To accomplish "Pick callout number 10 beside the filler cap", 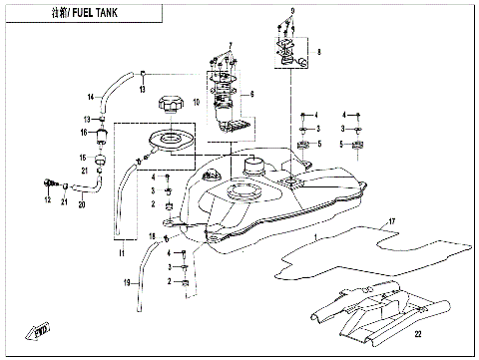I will point(197,102).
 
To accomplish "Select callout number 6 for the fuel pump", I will point(252,93).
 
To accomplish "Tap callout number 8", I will point(319,49).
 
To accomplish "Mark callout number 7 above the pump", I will point(229,46).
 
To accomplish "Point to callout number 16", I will point(86,131).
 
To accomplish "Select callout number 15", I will point(84,158).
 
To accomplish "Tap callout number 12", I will point(47,199).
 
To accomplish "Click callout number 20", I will point(82,205).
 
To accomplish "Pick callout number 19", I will point(128,283).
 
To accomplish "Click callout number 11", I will point(122,256).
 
